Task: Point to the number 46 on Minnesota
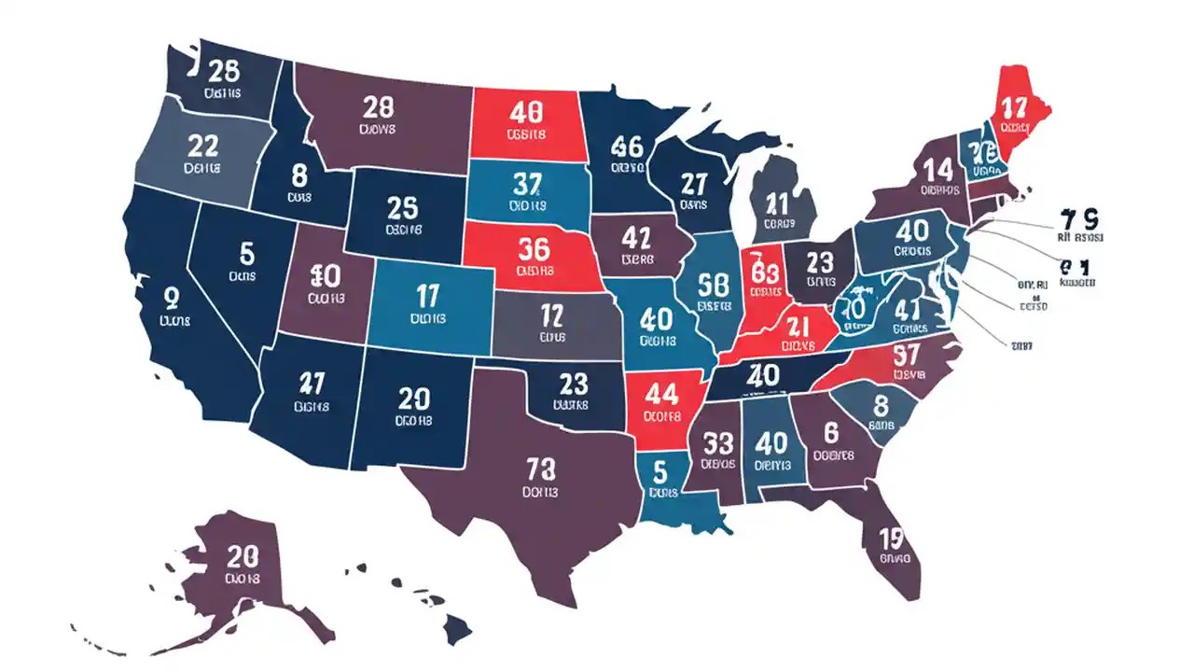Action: point(627,146)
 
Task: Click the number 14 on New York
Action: point(938,169)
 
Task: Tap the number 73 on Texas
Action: point(541,466)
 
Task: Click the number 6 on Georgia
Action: point(832,431)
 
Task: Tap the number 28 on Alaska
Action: point(243,557)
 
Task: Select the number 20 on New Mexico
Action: point(413,399)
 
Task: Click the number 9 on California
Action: point(171,298)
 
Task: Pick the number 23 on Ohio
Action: point(820,260)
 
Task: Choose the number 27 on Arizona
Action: point(311,383)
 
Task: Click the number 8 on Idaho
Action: point(298,175)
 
